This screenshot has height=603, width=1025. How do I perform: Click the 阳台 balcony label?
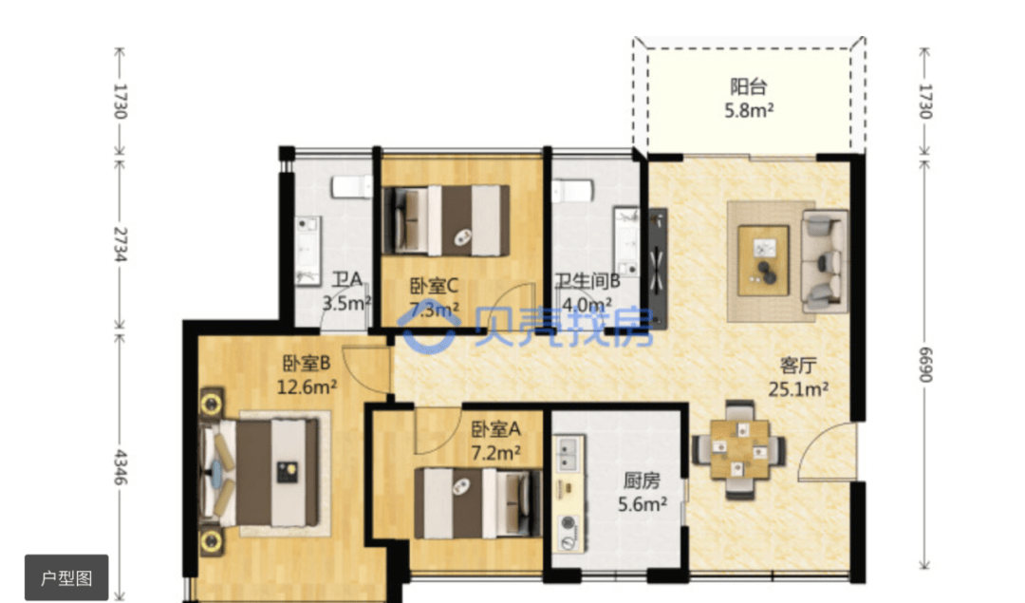click(x=749, y=86)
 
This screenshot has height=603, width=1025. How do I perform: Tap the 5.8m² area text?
click(x=749, y=110)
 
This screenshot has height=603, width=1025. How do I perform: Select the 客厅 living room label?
click(x=798, y=365)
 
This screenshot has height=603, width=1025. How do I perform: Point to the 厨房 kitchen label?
click(x=642, y=481)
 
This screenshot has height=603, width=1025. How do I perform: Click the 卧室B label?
click(x=307, y=363)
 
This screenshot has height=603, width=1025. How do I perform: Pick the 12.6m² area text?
click(x=307, y=387)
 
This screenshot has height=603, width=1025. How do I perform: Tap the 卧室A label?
click(x=496, y=429)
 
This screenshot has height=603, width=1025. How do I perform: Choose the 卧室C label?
click(x=434, y=286)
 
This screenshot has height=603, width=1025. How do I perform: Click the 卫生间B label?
click(x=587, y=281)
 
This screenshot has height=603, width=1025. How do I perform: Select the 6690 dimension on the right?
click(x=925, y=365)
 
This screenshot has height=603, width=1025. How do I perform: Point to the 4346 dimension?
click(x=120, y=467)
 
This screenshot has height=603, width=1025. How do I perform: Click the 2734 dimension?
click(x=120, y=244)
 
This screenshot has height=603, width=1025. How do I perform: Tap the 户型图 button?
click(x=66, y=577)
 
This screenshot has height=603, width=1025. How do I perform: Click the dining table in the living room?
click(x=740, y=449)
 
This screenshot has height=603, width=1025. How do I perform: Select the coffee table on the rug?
click(x=763, y=260)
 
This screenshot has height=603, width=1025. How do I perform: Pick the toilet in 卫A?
click(x=351, y=186)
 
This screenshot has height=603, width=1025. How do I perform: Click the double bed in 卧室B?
click(x=262, y=472)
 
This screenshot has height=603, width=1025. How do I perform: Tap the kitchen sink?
click(x=566, y=454)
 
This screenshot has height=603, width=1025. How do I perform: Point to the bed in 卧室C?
click(x=446, y=220)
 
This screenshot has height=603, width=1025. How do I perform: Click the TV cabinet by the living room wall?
click(x=658, y=268)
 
